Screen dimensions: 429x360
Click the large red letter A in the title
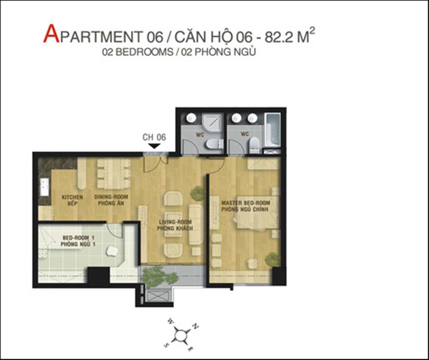[x=51, y=34]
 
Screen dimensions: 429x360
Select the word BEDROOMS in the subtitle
[x=144, y=52]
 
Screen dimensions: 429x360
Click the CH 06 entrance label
[x=154, y=137]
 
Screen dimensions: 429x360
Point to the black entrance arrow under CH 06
[x=154, y=146]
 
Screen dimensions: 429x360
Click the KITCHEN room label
[x=72, y=197]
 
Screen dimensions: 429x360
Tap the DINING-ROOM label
[x=111, y=197]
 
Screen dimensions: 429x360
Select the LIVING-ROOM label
[x=175, y=222]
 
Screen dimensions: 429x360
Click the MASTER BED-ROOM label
[x=246, y=203]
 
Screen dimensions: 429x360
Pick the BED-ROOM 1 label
[x=78, y=238]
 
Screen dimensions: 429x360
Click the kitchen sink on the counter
[x=45, y=187]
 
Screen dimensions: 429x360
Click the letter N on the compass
[x=195, y=326]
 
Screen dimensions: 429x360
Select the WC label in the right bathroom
[x=245, y=134]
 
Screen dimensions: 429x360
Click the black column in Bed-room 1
[x=99, y=276]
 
